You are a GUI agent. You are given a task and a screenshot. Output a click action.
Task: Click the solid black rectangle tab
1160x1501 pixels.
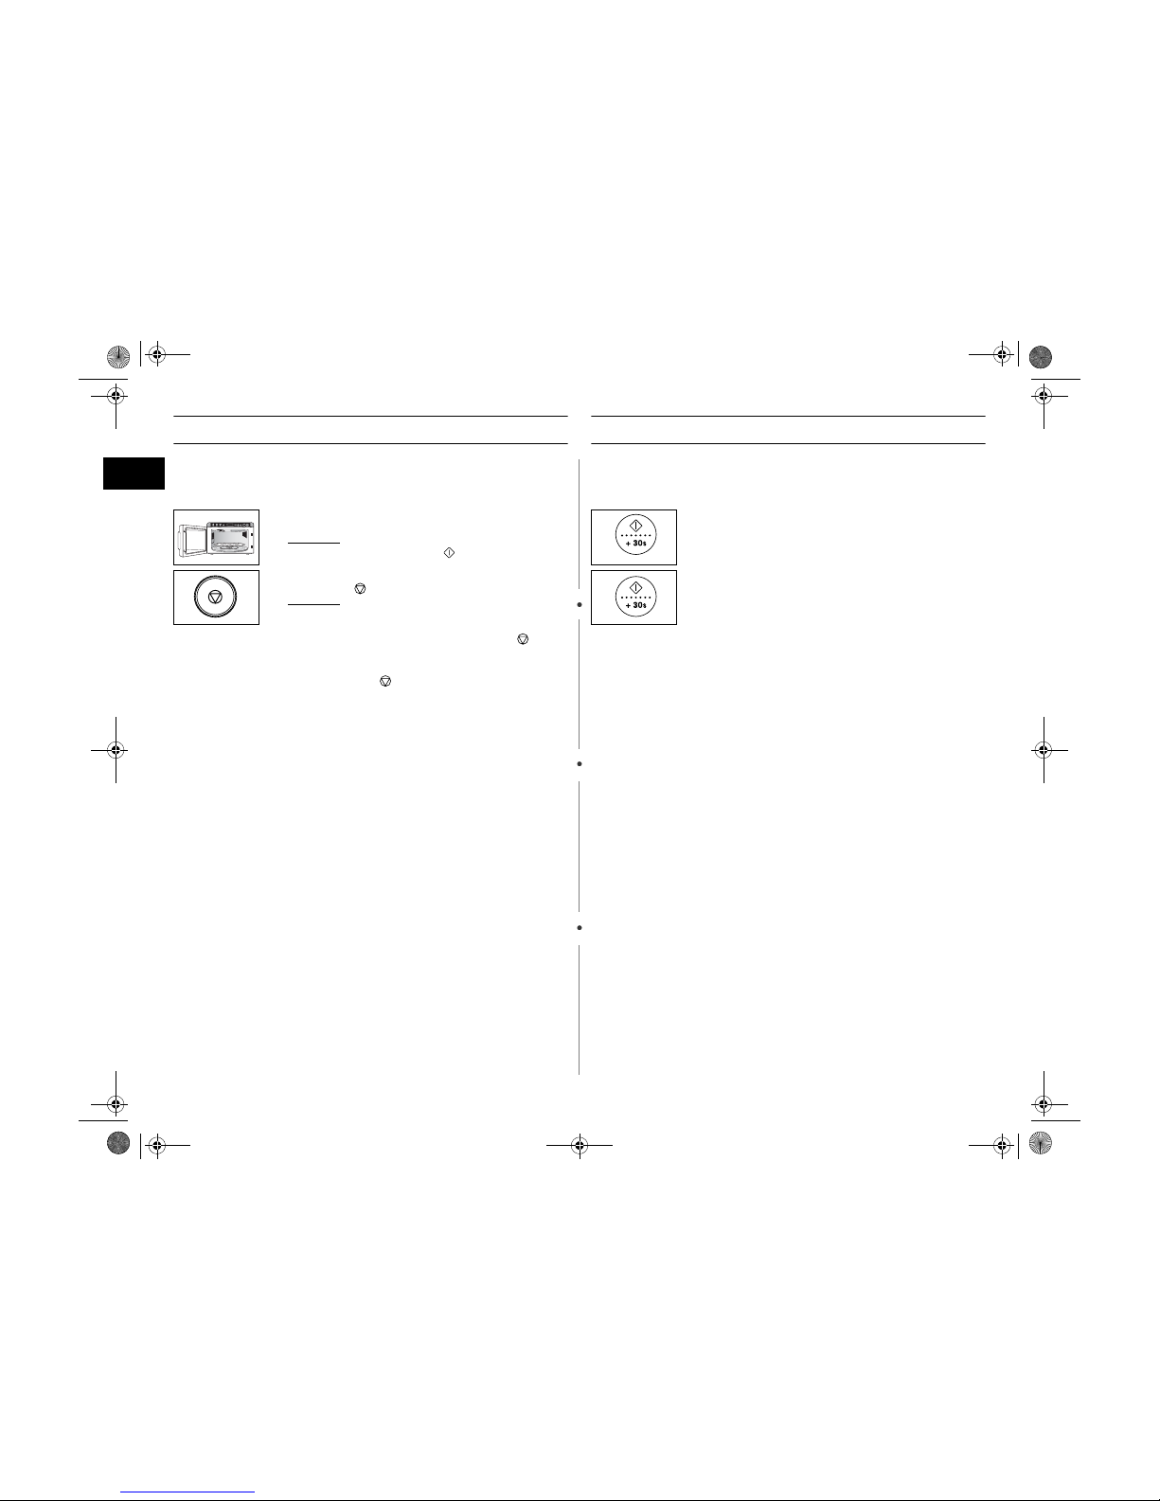[x=134, y=474]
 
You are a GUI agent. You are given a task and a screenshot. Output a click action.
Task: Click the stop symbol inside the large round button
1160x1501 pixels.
[x=216, y=597]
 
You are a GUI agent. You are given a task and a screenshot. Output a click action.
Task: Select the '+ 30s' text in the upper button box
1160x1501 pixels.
[x=636, y=544]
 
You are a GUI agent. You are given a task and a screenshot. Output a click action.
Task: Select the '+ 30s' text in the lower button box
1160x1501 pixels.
[x=636, y=605]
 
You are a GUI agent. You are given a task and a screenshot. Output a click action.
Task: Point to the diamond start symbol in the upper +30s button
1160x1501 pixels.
[x=636, y=527]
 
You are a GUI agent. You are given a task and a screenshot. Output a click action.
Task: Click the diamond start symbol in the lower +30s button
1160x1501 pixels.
[x=636, y=588]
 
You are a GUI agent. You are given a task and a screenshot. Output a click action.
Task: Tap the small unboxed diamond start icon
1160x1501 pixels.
[x=449, y=553]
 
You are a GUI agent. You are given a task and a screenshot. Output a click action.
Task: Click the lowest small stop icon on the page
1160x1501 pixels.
[x=385, y=681]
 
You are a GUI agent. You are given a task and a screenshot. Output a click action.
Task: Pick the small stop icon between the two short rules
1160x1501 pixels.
[x=360, y=588]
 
